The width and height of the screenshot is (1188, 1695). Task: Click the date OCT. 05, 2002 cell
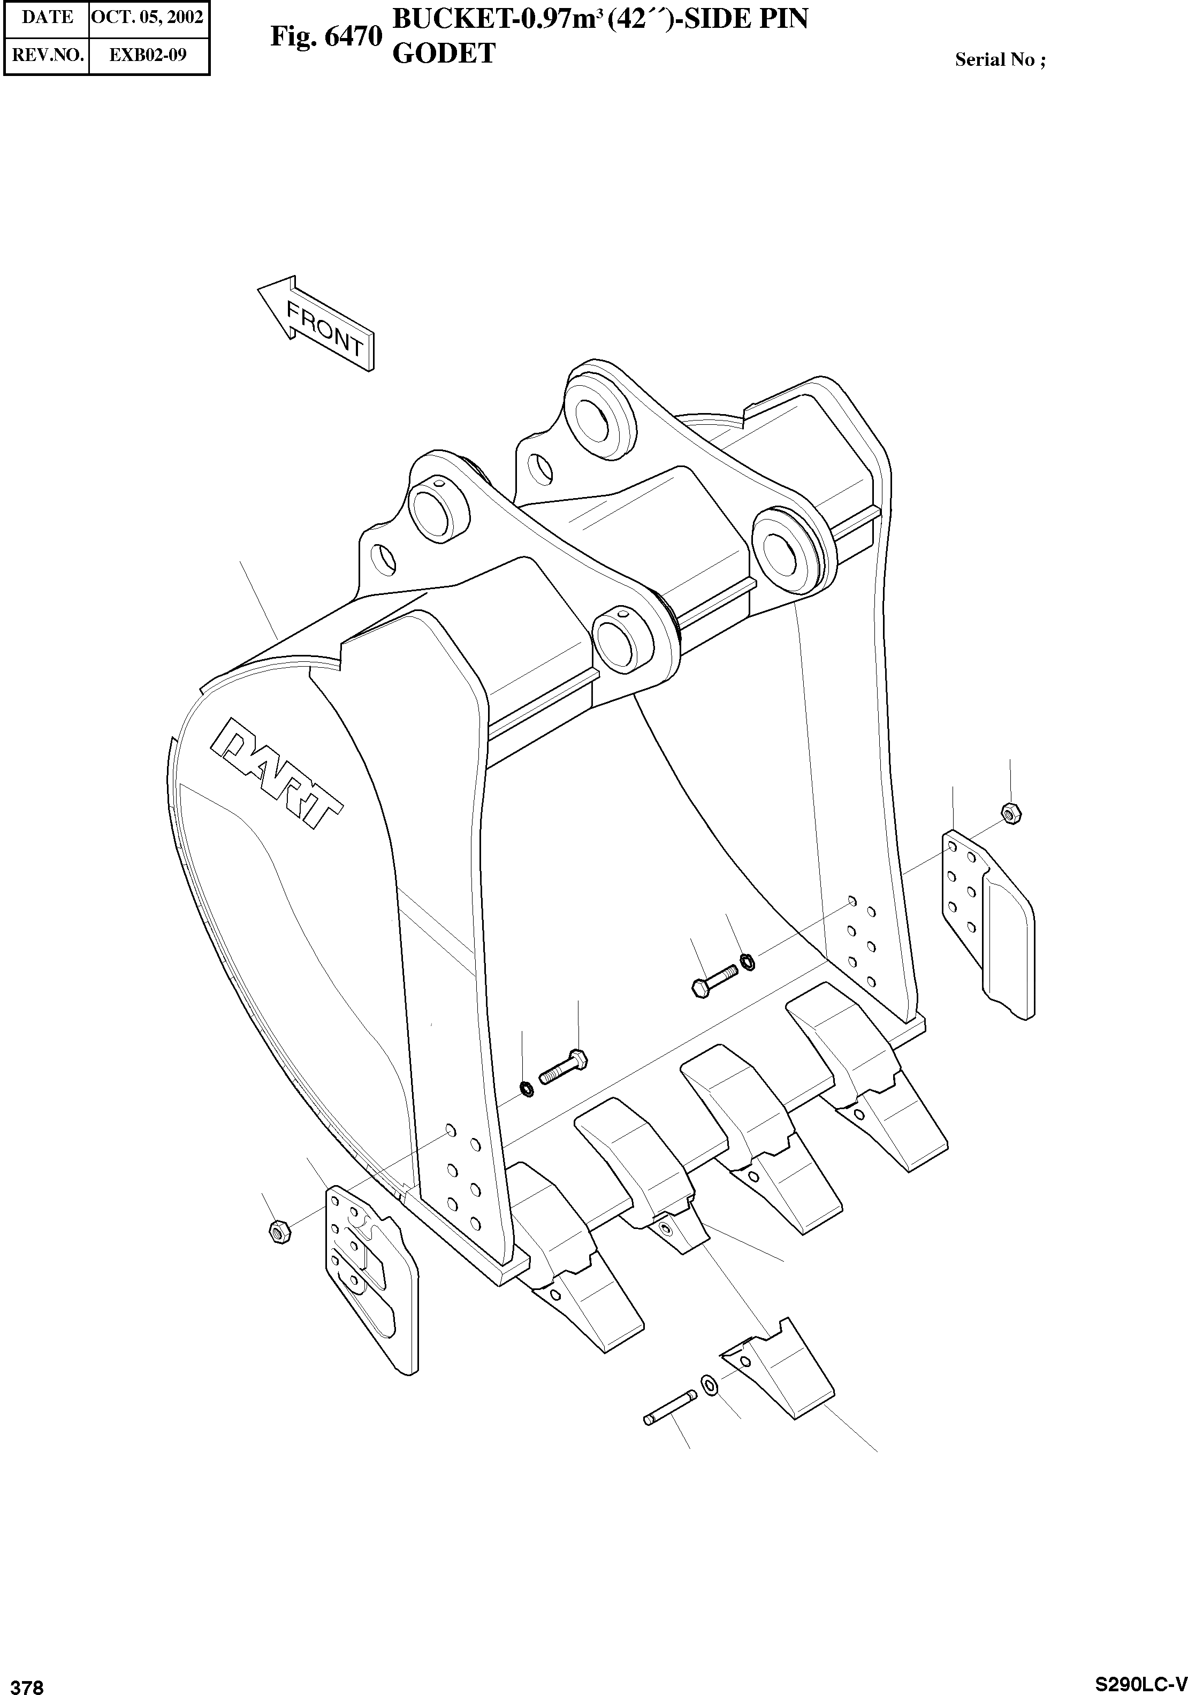coord(148,17)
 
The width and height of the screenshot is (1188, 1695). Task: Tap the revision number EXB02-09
coord(148,54)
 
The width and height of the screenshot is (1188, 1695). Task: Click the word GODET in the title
coord(443,54)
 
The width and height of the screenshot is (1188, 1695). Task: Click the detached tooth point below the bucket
coord(779,1370)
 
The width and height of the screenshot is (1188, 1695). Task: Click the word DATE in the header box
coord(47,17)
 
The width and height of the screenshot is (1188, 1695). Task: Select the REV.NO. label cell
coord(47,54)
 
